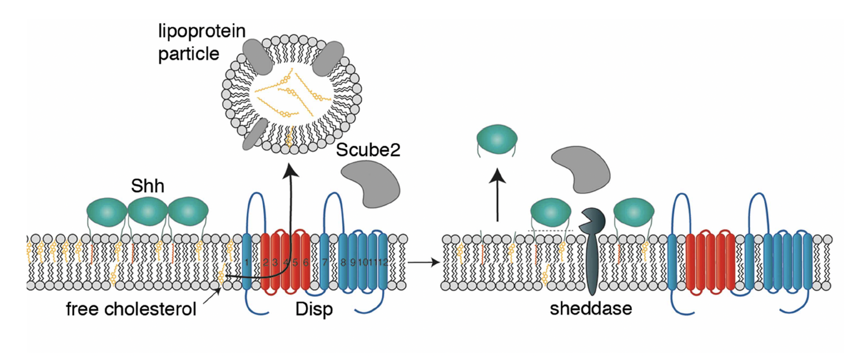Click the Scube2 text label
click(368, 150)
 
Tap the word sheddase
click(590, 309)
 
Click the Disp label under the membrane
click(314, 309)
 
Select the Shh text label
click(148, 186)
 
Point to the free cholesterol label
click(131, 309)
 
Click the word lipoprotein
click(202, 32)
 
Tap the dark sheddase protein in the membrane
click(591, 253)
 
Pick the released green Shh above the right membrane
click(497, 139)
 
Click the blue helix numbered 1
click(247, 262)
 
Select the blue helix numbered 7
click(324, 262)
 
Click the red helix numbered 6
click(305, 262)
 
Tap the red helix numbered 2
click(266, 262)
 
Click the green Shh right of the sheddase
click(634, 212)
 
